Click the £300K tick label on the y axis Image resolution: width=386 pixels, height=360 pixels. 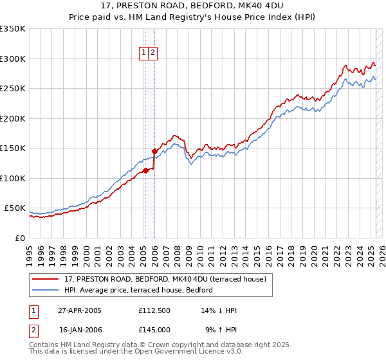click(x=13, y=59)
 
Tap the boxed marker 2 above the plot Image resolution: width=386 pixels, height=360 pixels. click(x=153, y=53)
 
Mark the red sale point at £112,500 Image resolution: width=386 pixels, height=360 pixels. click(x=146, y=170)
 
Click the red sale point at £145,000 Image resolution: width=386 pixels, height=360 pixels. click(x=154, y=151)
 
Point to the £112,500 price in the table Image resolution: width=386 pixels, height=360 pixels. click(x=154, y=310)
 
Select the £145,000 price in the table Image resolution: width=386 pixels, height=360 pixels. click(x=154, y=330)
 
